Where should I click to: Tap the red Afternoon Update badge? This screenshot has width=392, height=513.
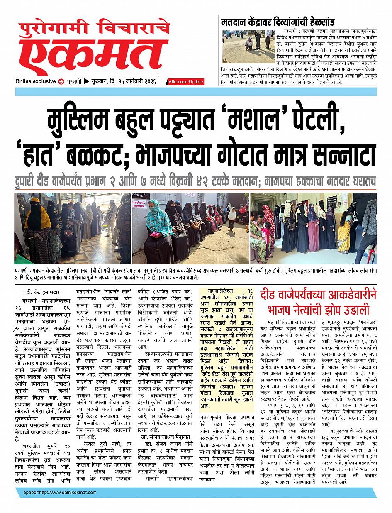(185, 82)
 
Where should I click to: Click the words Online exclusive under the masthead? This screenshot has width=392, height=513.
(36, 81)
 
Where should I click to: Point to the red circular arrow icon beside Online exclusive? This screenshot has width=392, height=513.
(61, 81)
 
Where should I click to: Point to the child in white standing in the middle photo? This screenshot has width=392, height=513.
(231, 218)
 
